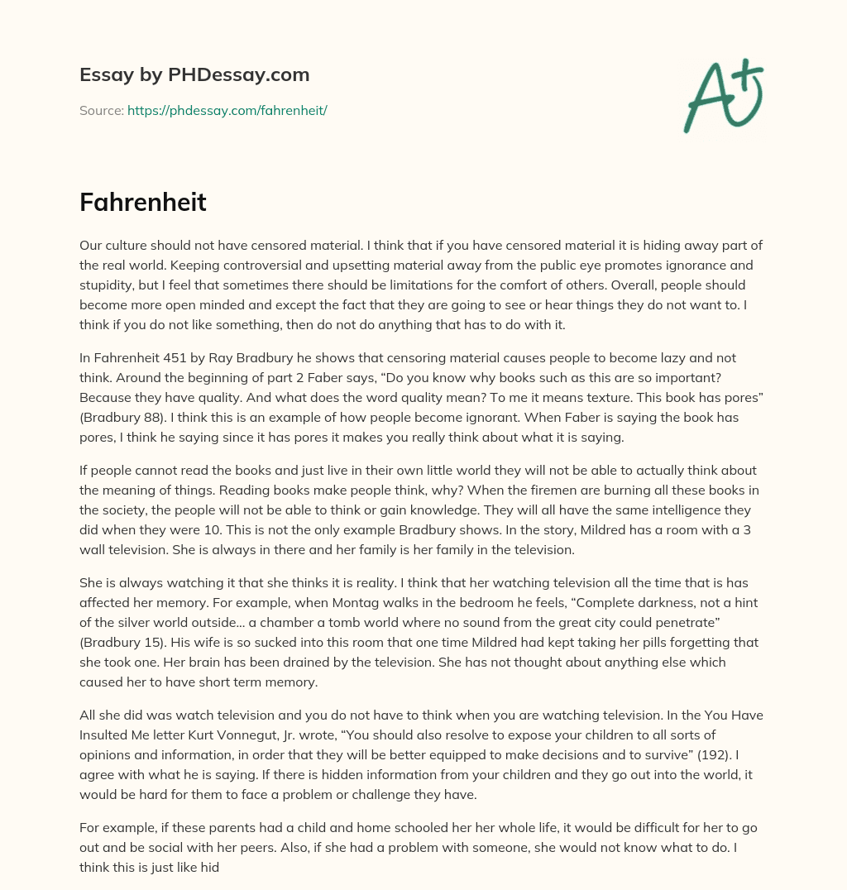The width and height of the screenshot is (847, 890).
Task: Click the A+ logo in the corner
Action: [722, 95]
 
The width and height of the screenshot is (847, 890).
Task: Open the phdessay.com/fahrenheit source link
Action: [227, 110]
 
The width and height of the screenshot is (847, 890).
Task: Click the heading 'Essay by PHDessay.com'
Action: [194, 74]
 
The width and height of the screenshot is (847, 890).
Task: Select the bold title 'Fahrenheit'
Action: [143, 203]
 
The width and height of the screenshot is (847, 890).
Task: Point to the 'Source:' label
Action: [102, 110]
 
